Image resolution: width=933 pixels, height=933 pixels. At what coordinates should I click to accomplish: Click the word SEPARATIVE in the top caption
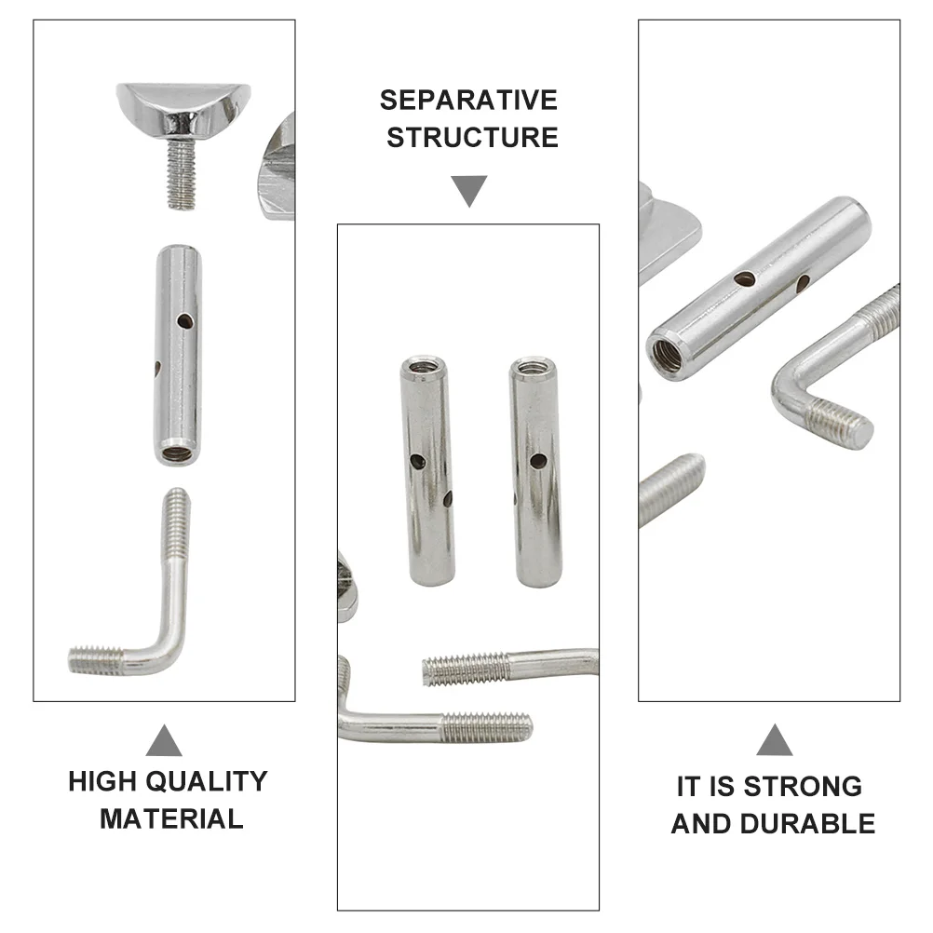point(468,100)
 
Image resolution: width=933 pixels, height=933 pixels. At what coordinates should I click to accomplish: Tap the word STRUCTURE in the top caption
point(472,138)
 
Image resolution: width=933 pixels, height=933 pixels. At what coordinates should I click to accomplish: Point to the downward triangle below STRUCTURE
point(470,192)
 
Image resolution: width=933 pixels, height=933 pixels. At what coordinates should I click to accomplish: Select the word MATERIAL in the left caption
point(171,819)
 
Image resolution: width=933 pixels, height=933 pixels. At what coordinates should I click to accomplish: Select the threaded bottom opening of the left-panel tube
point(177,454)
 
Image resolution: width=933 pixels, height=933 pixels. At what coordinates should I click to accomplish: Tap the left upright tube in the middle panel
point(427,470)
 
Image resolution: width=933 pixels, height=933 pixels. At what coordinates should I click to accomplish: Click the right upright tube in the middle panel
point(536,470)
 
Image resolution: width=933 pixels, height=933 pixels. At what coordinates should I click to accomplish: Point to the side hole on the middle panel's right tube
point(537,459)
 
